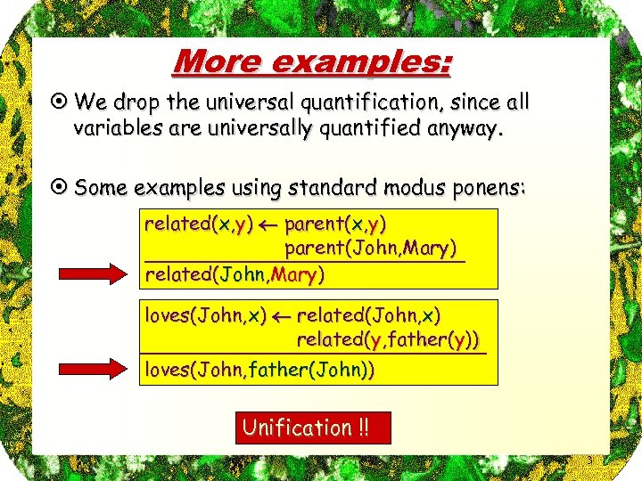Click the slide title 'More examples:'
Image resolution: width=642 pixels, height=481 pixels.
click(x=312, y=61)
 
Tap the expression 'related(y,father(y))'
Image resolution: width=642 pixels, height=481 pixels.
click(x=387, y=339)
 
